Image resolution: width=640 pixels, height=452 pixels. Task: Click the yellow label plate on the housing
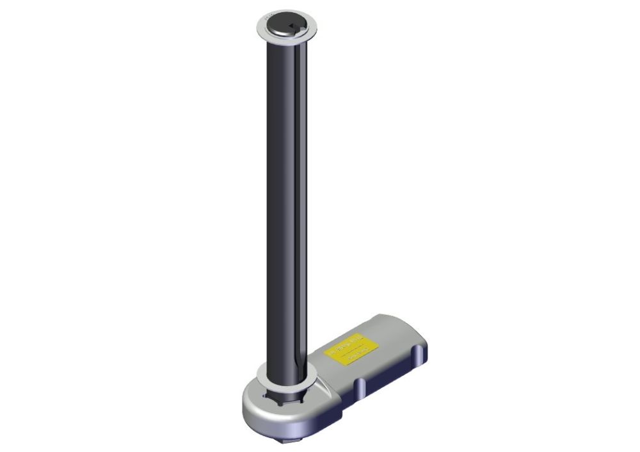tap(353, 348)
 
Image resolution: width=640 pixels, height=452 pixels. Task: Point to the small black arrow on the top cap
tap(291, 26)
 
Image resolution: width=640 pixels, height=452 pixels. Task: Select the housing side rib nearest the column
tap(360, 387)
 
